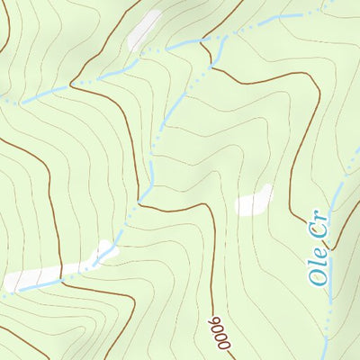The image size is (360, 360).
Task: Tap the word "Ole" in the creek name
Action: point(319,270)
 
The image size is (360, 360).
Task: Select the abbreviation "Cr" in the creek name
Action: point(322,228)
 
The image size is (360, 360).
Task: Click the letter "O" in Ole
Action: point(318,278)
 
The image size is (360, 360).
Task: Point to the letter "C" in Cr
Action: point(321,234)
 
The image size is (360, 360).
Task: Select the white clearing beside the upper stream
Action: point(144,29)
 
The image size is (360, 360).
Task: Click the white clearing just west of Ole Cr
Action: point(254,200)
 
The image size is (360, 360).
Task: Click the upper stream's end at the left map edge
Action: point(2,101)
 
